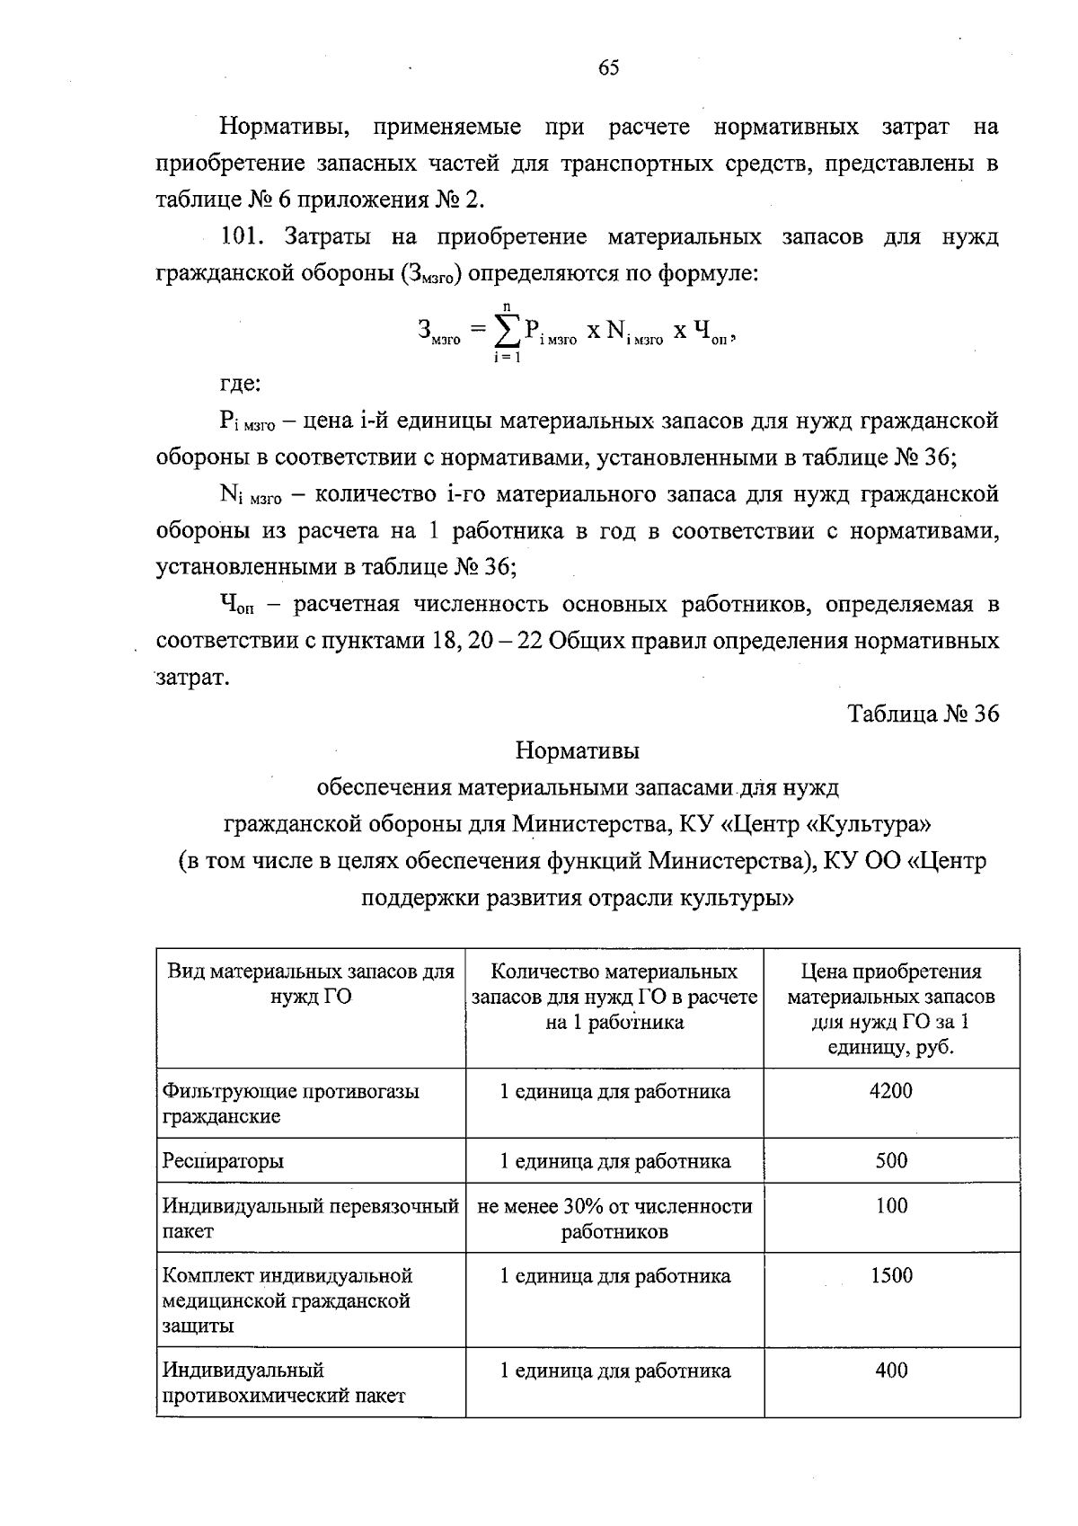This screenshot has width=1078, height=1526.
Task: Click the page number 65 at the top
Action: pyautogui.click(x=608, y=68)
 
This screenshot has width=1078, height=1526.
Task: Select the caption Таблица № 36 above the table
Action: pyautogui.click(x=923, y=714)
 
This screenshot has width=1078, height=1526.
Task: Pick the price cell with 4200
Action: pyautogui.click(x=891, y=1091)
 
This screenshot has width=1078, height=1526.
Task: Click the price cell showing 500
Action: pyautogui.click(x=891, y=1160)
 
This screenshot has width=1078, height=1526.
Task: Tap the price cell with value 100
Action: pyautogui.click(x=891, y=1206)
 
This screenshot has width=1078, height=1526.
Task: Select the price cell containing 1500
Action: pyautogui.click(x=891, y=1275)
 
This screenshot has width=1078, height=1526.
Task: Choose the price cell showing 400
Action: pyautogui.click(x=891, y=1370)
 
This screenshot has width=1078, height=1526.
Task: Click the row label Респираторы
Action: pyautogui.click(x=223, y=1160)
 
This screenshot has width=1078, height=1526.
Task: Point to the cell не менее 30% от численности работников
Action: pyautogui.click(x=614, y=1218)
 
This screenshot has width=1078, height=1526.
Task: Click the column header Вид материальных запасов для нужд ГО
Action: pyautogui.click(x=311, y=983)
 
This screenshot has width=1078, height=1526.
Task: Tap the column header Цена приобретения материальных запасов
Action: pyautogui.click(x=891, y=1008)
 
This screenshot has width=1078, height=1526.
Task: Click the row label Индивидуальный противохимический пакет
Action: pyautogui.click(x=283, y=1382)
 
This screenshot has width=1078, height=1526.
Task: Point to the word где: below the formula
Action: pyautogui.click(x=241, y=385)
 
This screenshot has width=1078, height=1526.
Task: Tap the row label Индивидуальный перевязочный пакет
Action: pyautogui.click(x=310, y=1218)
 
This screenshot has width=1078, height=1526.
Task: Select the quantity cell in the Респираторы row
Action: pyautogui.click(x=614, y=1160)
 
